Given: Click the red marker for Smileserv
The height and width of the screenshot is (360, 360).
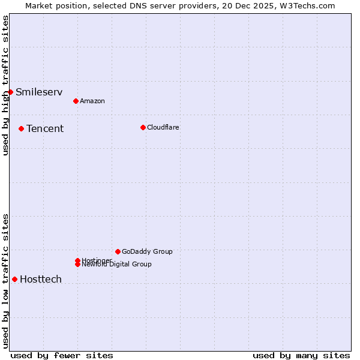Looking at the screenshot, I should coord(10,92).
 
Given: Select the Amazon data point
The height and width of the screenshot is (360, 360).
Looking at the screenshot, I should coord(76,101).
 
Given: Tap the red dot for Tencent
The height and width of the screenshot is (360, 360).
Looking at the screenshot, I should coord(21,128).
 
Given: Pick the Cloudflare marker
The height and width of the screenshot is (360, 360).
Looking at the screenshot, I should coord(143,127).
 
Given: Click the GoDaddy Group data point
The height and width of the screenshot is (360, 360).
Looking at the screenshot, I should coord(118,251).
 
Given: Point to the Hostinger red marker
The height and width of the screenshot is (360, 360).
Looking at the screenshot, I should coord(77,260).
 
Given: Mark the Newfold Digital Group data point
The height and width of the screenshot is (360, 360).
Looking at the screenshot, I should coord(77,264).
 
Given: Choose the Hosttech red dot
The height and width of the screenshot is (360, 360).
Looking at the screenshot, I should coord(14,279).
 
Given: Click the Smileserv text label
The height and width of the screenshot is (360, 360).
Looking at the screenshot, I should coord(39,92).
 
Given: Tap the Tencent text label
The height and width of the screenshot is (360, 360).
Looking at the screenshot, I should coord(45,128).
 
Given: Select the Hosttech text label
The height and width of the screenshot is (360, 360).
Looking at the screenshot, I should coord(41,279).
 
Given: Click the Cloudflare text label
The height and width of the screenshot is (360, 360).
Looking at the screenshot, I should coord(163,127).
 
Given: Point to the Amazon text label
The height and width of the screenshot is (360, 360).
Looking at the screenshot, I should coord(92,101).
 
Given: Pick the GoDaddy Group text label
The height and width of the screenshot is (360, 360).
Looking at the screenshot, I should coord(147,251).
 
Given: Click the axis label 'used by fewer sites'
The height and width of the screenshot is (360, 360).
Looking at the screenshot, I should coord(62,355).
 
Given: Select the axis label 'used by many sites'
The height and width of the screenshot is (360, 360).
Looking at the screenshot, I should coord(301,355).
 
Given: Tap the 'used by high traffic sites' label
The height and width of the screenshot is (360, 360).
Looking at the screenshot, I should coord(5,85).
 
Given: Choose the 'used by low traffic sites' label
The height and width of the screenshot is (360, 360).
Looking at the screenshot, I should coord(5,281).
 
